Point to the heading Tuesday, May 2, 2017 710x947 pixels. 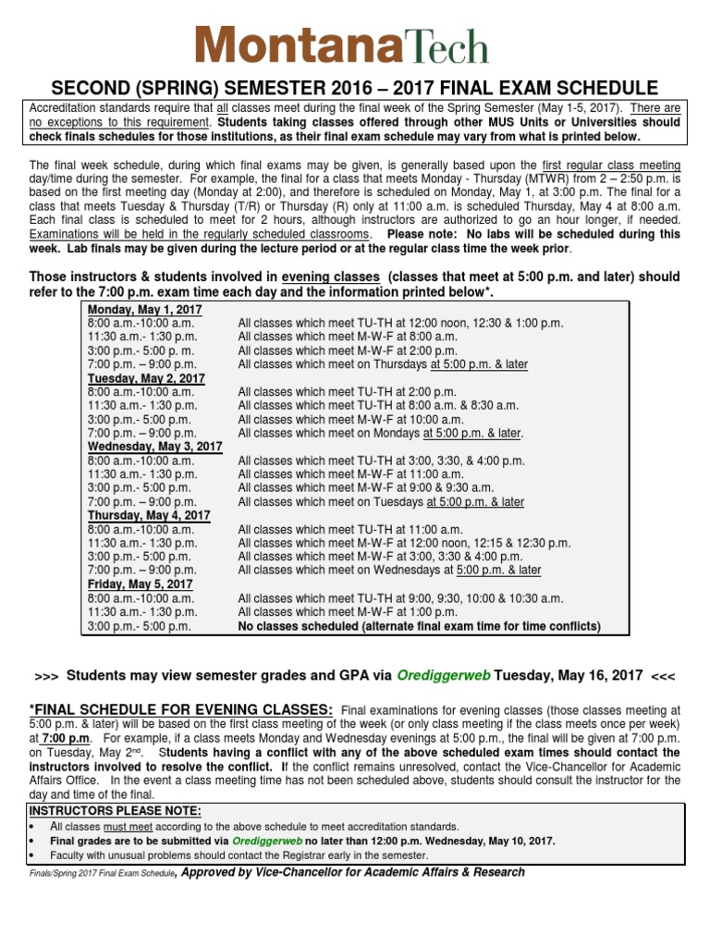146,378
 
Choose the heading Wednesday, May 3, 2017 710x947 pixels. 155,447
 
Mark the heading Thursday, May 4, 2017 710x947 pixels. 149,515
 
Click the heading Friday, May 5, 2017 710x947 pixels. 140,584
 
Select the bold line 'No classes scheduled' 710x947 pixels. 419,626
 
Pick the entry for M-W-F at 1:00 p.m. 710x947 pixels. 348,612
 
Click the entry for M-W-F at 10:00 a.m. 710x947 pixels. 350,419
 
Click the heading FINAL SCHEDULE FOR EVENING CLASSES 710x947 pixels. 181,708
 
